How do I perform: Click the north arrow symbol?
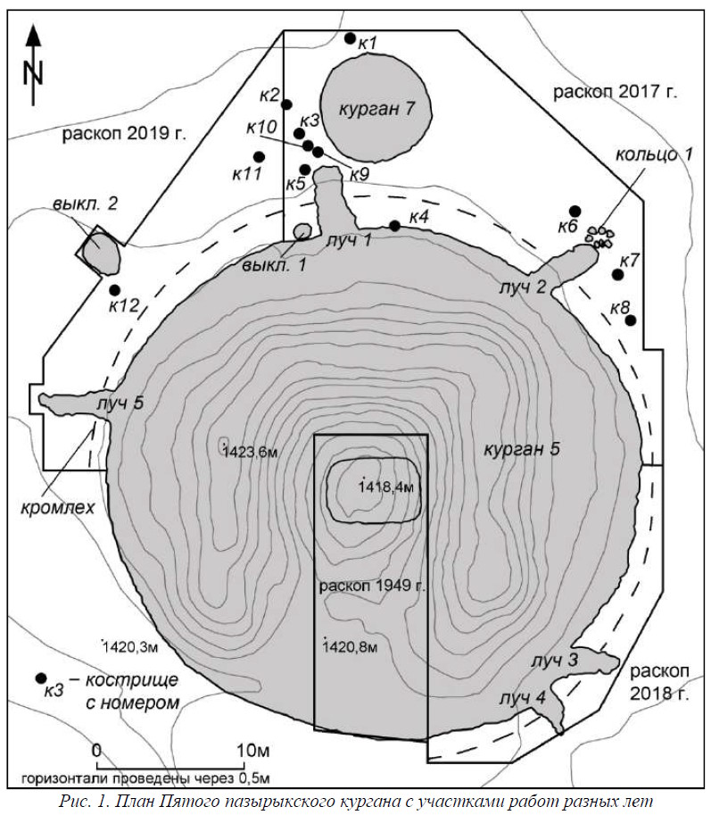tap(33, 65)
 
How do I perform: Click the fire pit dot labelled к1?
tap(350, 38)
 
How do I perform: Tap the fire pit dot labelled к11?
tap(260, 156)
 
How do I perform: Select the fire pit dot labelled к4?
tap(394, 226)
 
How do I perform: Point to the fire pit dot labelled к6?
tap(575, 211)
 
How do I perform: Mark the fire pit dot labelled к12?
tap(115, 290)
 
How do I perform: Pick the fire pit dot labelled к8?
tap(631, 320)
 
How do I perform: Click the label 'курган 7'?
tap(377, 109)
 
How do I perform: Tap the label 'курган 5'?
tap(522, 449)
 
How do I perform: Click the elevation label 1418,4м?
tap(387, 487)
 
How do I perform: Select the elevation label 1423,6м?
tap(251, 453)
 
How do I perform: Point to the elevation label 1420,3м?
tap(130, 647)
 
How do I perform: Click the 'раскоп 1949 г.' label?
tap(372, 586)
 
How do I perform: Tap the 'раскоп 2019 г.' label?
tap(124, 134)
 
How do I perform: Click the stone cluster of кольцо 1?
tap(599, 237)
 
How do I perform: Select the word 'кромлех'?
tap(58, 508)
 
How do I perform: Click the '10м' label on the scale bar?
tap(253, 750)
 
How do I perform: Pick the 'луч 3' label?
tap(555, 661)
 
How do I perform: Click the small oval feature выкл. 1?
tap(302, 232)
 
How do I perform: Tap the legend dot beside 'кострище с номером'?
tap(40, 678)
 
